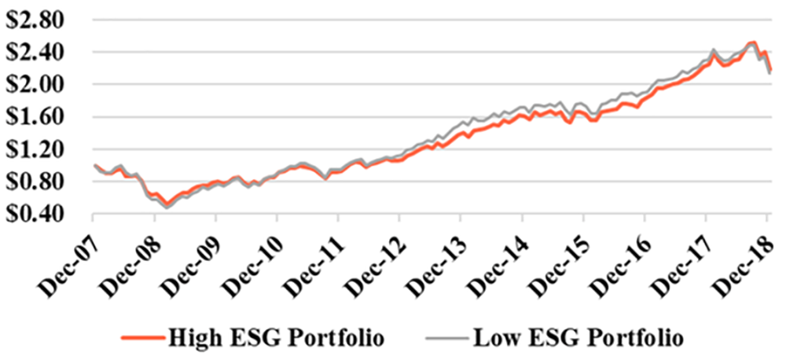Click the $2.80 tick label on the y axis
(42, 19)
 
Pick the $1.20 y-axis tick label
(42, 149)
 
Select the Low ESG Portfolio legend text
(578, 340)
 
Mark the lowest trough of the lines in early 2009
(167, 207)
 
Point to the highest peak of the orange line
(753, 42)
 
